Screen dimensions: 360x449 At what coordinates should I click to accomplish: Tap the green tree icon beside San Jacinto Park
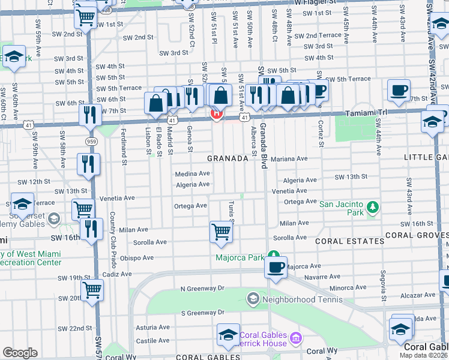[x=373, y=208]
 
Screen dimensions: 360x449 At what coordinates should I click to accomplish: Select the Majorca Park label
[x=241, y=258]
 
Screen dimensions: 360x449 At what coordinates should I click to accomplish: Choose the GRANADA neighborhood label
[x=228, y=158]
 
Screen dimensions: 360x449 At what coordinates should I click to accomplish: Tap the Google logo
[x=20, y=353]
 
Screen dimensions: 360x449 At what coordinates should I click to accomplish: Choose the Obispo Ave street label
[x=137, y=258]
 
